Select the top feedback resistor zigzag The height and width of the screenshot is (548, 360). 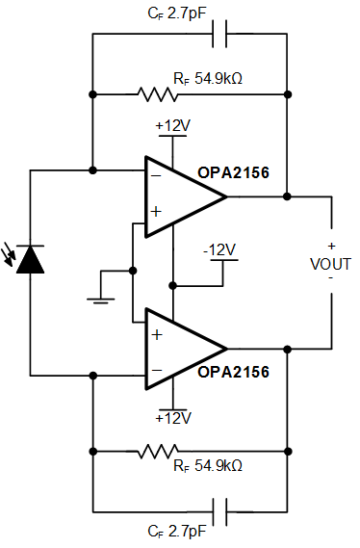point(158,94)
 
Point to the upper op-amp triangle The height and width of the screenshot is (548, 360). point(183,196)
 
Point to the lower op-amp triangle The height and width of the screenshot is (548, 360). point(183,349)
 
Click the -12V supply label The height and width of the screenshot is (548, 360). point(219,249)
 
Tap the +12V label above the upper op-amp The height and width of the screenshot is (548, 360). point(172,126)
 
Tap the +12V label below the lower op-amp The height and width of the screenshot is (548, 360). point(172,418)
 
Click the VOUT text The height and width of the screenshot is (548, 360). point(330,262)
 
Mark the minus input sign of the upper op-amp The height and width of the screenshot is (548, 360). point(155,175)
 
